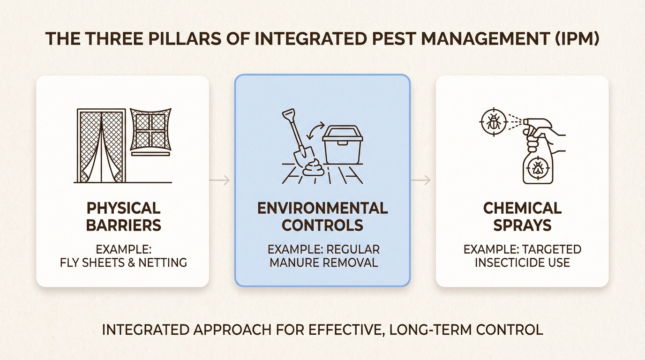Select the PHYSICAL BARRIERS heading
(123, 217)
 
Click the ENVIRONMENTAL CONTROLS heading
(322, 217)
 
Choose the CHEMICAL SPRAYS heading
(522, 217)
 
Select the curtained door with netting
(101, 145)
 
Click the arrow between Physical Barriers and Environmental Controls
(219, 180)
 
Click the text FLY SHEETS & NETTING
(123, 262)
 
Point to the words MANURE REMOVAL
(323, 262)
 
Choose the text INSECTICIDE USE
(522, 262)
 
